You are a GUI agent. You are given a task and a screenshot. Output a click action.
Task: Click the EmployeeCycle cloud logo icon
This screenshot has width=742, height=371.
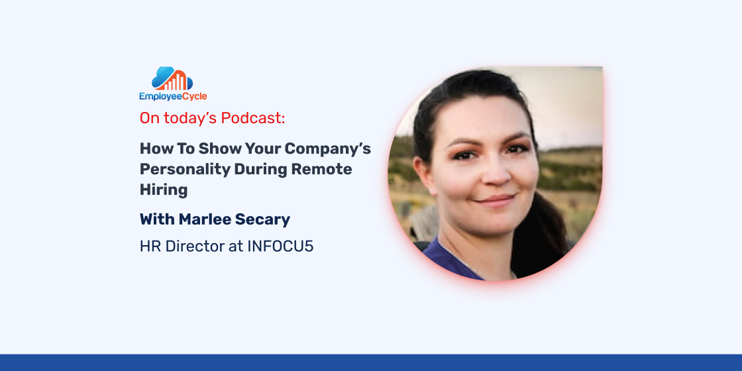pyautogui.click(x=172, y=79)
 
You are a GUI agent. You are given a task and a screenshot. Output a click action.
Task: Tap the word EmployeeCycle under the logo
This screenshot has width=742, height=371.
pyautogui.click(x=173, y=97)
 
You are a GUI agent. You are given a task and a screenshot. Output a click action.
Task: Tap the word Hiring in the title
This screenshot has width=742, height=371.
pyautogui.click(x=164, y=190)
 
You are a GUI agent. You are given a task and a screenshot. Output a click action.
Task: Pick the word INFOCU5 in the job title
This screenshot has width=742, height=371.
pyautogui.click(x=280, y=246)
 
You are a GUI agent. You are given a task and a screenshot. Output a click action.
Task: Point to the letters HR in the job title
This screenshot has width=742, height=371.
pyautogui.click(x=150, y=246)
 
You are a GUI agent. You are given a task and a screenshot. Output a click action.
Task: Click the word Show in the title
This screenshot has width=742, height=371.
pyautogui.click(x=219, y=148)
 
